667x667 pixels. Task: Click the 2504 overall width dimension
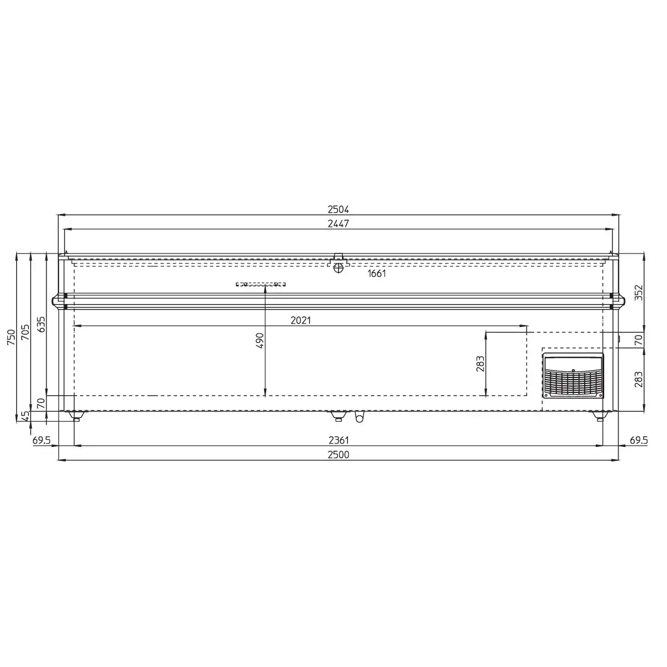(x=338, y=210)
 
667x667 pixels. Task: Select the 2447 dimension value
(x=338, y=223)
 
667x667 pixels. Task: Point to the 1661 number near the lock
(x=377, y=273)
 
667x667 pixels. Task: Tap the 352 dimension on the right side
(x=639, y=292)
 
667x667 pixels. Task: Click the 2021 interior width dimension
(x=301, y=321)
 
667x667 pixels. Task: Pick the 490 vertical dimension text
(x=260, y=341)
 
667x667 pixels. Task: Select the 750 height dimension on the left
(x=12, y=337)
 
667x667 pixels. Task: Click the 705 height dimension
(x=26, y=332)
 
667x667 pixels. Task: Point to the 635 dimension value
(x=41, y=324)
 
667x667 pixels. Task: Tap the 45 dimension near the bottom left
(x=26, y=416)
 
